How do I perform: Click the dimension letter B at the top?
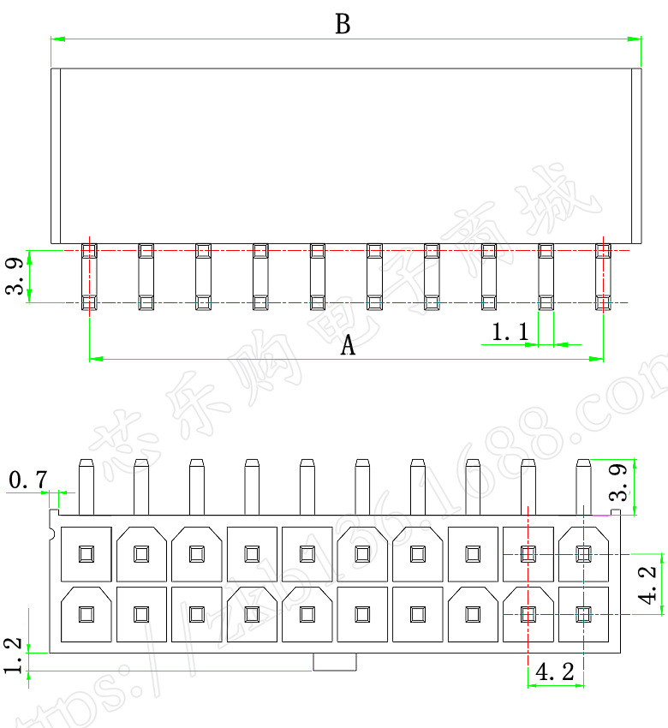point(343,24)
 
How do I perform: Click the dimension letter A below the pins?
point(348,345)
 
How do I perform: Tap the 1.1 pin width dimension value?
point(510,332)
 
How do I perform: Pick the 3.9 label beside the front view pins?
point(650,481)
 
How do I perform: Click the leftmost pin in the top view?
point(89,277)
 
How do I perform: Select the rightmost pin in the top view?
point(603,277)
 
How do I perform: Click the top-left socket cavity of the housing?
point(86,553)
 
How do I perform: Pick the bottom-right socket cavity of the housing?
point(583,613)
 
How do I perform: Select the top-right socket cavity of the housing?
point(583,553)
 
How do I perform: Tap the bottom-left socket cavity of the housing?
point(86,613)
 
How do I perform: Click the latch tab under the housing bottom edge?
point(335,662)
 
